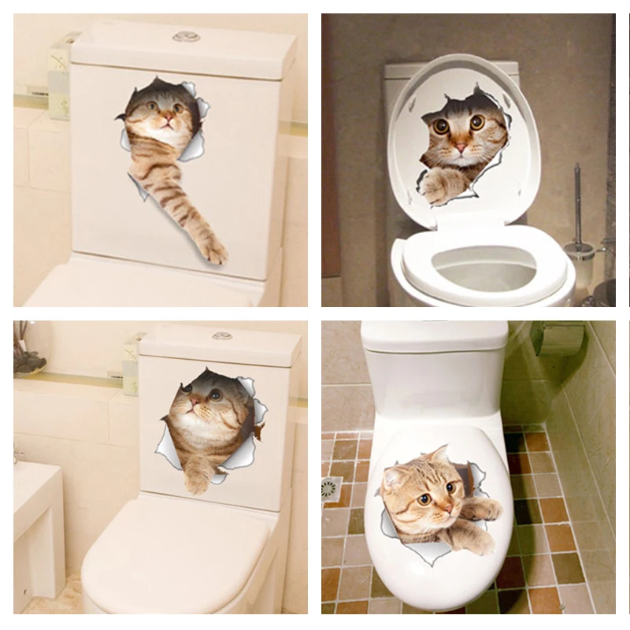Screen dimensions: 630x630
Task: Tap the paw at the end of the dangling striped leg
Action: [213, 252]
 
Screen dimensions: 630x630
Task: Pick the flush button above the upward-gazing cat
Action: [222, 335]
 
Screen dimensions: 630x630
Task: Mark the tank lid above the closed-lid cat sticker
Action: [433, 335]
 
